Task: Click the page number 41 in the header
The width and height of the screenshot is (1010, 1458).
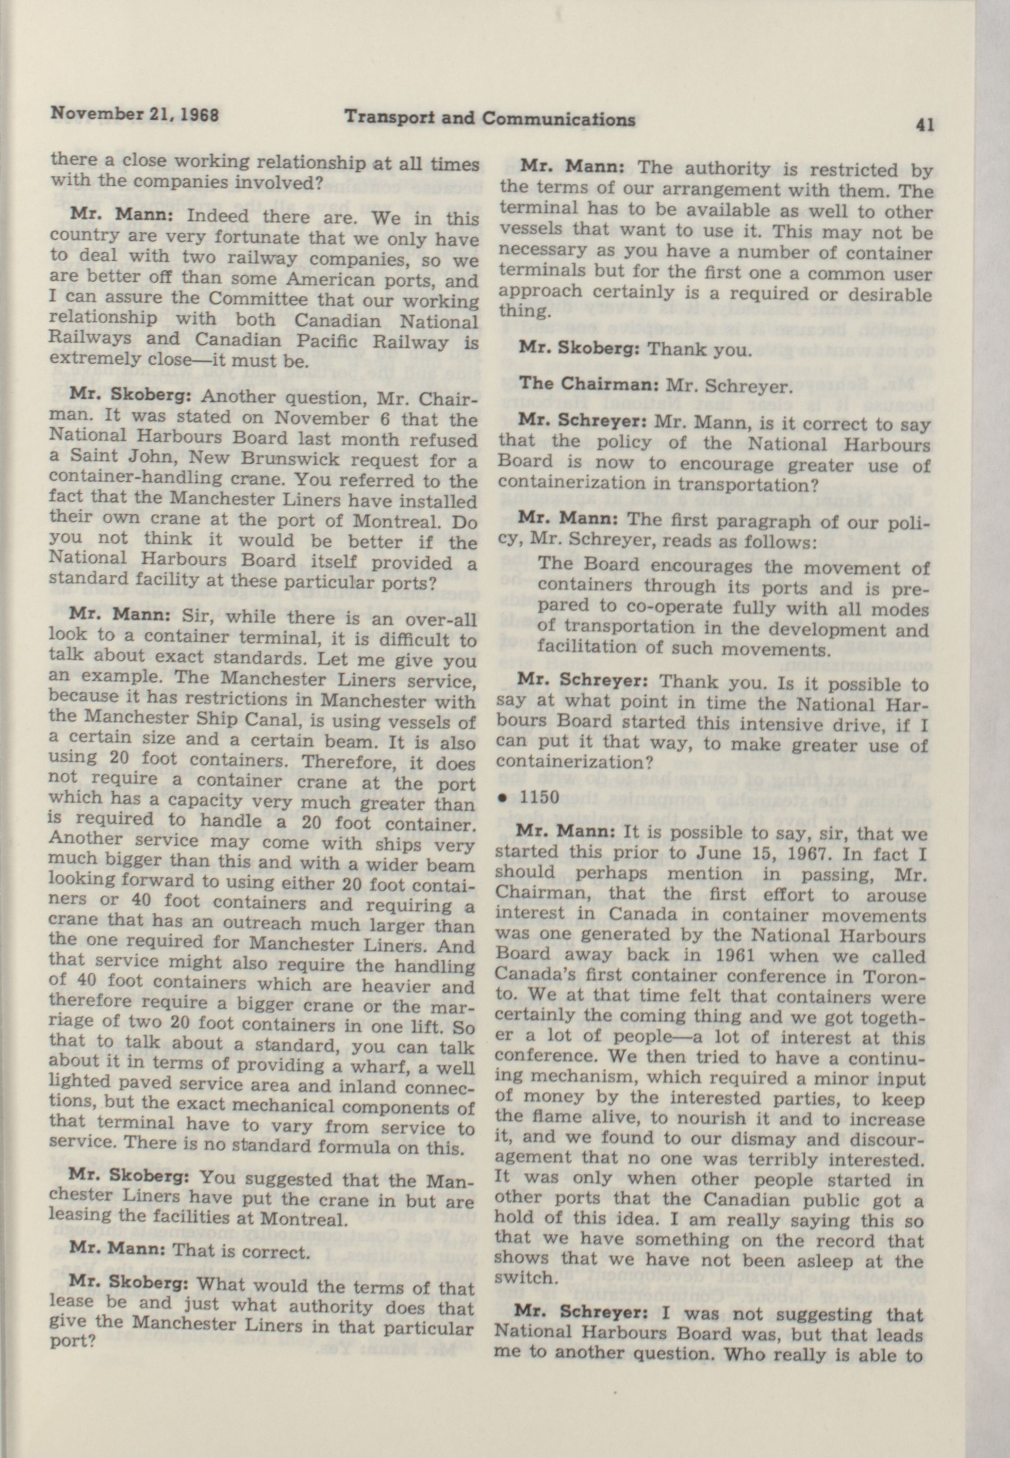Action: (x=924, y=125)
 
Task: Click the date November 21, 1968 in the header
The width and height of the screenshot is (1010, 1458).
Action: (x=134, y=115)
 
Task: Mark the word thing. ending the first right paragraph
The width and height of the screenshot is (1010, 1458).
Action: (x=518, y=310)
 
